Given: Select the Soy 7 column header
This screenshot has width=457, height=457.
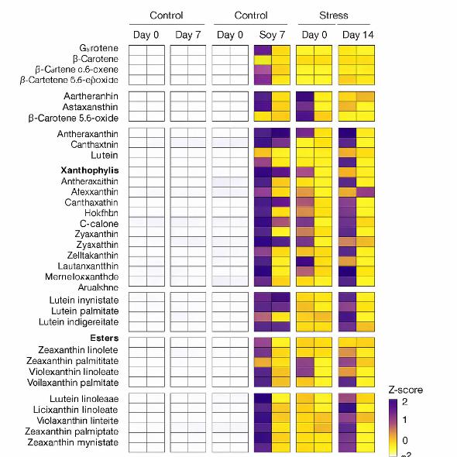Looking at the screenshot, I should click(x=272, y=35).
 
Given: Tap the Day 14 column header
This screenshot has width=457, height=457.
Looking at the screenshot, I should click(x=356, y=35).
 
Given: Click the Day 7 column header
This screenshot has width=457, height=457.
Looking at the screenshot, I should click(x=188, y=35).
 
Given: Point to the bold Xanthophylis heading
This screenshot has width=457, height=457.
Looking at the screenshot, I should click(x=89, y=170).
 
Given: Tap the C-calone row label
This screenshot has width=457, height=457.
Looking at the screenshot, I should click(x=99, y=225).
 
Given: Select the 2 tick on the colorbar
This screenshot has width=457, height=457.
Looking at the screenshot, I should click(x=425, y=403).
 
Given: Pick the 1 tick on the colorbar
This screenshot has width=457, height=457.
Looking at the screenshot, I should click(x=425, y=420).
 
